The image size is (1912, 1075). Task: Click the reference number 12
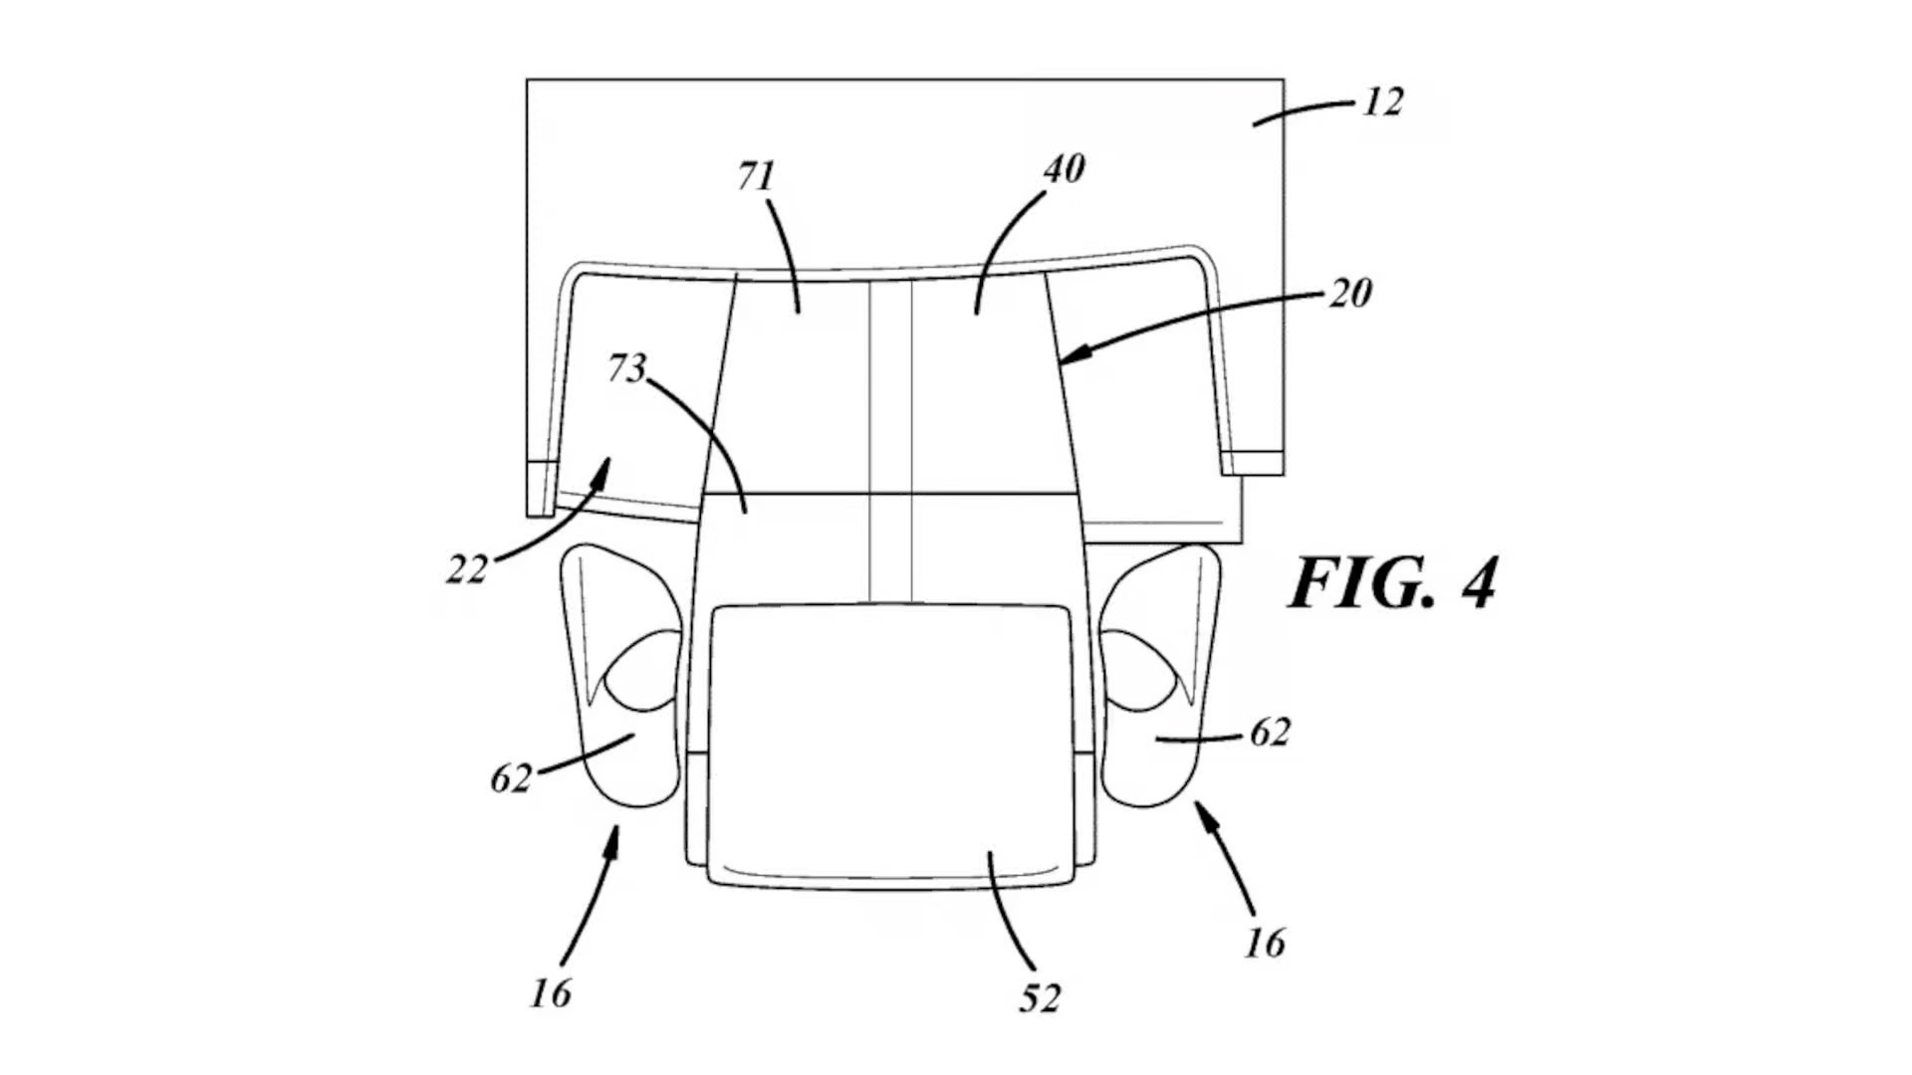(1382, 102)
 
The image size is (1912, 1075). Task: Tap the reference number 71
(756, 176)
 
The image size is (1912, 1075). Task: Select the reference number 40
(1064, 169)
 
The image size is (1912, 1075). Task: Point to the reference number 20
(1350, 293)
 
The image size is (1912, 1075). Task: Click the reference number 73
(626, 368)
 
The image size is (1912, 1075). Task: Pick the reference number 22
(466, 569)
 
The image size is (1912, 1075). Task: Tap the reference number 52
(1040, 997)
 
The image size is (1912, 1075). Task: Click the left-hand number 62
(511, 778)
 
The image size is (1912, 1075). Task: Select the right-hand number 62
(1270, 733)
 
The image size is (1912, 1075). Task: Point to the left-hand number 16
(551, 992)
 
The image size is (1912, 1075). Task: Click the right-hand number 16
(1265, 942)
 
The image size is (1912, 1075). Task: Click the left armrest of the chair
(622, 677)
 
